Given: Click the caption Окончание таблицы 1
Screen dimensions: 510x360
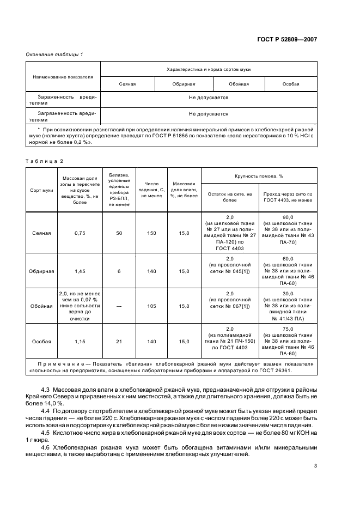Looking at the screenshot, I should point(54,54).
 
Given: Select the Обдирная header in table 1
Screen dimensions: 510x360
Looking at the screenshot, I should point(184,84).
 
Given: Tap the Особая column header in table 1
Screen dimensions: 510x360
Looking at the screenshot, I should point(291,84).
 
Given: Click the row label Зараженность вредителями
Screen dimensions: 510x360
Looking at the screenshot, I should point(63,100).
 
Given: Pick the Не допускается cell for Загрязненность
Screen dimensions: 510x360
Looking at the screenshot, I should point(209,114).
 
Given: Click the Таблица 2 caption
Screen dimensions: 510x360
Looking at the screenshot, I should point(45,161).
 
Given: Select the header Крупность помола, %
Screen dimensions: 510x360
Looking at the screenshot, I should point(259,176).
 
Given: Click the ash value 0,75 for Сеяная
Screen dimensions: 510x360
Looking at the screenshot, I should point(81,233).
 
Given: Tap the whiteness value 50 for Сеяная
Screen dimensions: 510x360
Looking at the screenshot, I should point(119,233).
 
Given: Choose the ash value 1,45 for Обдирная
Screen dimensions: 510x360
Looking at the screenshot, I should point(81,271).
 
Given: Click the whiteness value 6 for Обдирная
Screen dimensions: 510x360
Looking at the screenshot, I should point(119,271).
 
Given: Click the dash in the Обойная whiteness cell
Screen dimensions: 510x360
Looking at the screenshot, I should point(119,306).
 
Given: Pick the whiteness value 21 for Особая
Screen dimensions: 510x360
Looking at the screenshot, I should point(119,342).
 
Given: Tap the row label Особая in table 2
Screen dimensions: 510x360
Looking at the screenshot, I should point(41,342).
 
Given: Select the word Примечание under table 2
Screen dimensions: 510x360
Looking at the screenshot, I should point(56,363).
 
